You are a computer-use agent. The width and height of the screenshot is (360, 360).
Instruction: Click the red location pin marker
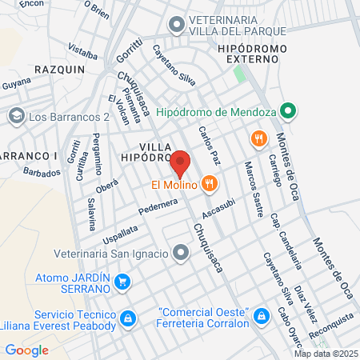click(x=180, y=162)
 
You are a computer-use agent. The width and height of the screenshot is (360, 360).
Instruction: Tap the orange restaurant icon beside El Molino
click(x=210, y=184)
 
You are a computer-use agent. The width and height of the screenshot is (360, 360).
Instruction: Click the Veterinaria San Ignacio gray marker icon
click(x=182, y=254)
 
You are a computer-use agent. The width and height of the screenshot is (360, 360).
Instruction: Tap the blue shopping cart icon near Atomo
click(x=122, y=282)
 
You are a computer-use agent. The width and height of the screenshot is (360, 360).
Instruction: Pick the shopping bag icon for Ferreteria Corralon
click(x=260, y=318)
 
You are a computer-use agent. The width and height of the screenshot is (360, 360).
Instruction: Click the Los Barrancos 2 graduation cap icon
click(x=16, y=117)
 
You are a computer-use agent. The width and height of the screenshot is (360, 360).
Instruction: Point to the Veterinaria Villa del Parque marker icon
click(x=175, y=25)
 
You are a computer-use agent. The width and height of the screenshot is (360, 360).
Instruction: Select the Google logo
click(x=26, y=350)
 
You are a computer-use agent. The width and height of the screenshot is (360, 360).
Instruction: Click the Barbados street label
click(x=42, y=172)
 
